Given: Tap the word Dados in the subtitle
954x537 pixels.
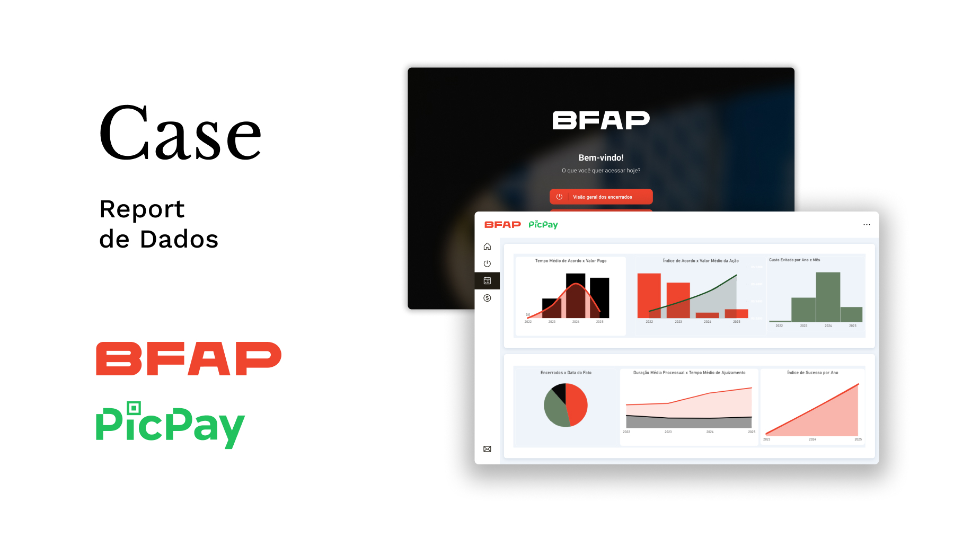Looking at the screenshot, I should click(179, 240).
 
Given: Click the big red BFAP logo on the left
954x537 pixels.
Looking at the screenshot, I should click(188, 359).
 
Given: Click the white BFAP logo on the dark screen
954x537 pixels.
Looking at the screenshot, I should click(601, 120).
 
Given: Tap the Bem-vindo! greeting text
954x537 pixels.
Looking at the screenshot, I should click(601, 157).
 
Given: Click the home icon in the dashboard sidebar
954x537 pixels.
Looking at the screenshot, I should click(487, 247).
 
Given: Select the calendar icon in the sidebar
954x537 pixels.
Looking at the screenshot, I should click(487, 280).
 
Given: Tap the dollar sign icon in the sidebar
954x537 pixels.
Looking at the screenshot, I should click(487, 298).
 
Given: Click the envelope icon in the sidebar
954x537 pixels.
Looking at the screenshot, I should click(487, 449).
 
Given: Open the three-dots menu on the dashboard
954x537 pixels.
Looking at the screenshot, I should click(867, 225).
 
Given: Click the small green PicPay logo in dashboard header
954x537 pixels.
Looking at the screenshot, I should click(543, 225).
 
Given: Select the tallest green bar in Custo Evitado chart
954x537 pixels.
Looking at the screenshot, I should click(828, 297).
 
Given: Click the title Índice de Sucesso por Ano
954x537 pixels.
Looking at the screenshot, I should click(812, 373).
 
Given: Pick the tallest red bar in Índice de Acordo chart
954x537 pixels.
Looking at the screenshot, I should click(649, 295).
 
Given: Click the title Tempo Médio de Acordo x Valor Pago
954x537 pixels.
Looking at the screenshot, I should click(571, 261).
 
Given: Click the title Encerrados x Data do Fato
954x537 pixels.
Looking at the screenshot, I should click(566, 373).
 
